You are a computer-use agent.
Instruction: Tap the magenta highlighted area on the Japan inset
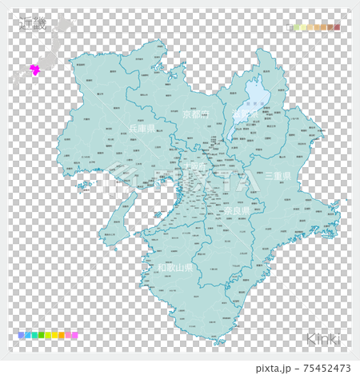(34, 70)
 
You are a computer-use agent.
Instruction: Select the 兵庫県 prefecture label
(142, 128)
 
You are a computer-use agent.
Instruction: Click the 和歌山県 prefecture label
(174, 268)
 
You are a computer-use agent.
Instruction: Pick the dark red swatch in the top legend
(337, 27)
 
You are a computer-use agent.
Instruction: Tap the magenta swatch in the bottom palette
(74, 336)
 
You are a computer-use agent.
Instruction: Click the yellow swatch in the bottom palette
(51, 336)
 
